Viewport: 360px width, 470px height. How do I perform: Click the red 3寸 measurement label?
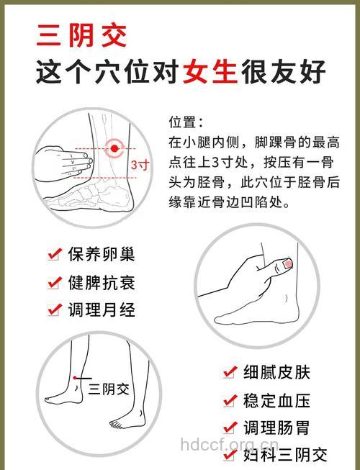(140, 165)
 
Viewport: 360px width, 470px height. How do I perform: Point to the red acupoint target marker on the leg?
(114, 149)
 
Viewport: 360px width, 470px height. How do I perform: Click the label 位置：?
(186, 122)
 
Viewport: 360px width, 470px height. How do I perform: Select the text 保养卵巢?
(102, 254)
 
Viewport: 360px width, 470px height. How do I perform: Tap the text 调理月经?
(102, 309)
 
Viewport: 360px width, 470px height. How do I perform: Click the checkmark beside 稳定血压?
(230, 400)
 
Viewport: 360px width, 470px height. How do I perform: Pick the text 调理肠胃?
(276, 428)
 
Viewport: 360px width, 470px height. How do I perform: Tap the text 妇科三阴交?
(285, 455)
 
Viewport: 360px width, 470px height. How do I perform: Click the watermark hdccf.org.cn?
(228, 444)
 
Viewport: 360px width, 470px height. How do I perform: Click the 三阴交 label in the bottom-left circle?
(109, 389)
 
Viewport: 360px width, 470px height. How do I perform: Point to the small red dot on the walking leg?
(75, 377)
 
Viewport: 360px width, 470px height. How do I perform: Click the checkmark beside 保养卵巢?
(54, 254)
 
